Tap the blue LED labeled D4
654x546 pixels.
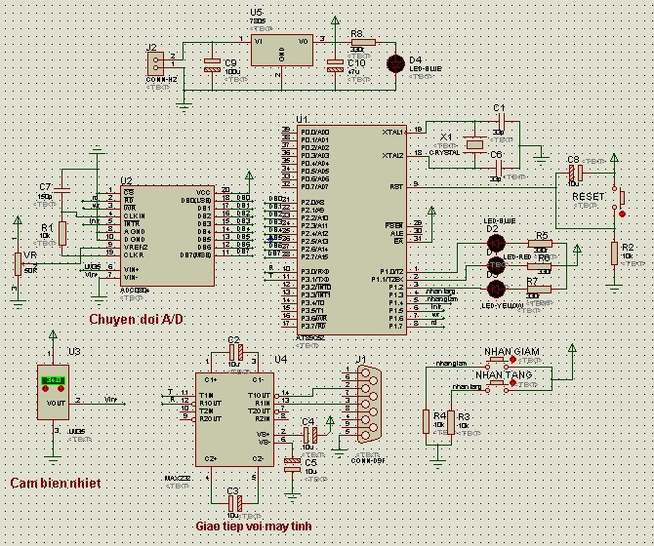point(395,64)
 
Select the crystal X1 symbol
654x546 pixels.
point(473,145)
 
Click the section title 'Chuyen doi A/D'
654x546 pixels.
point(136,320)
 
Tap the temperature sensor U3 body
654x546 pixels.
point(54,393)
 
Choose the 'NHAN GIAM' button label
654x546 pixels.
point(507,351)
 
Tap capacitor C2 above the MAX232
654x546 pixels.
point(233,350)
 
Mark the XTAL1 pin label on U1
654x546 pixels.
point(393,131)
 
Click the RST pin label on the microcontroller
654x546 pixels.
point(396,185)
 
